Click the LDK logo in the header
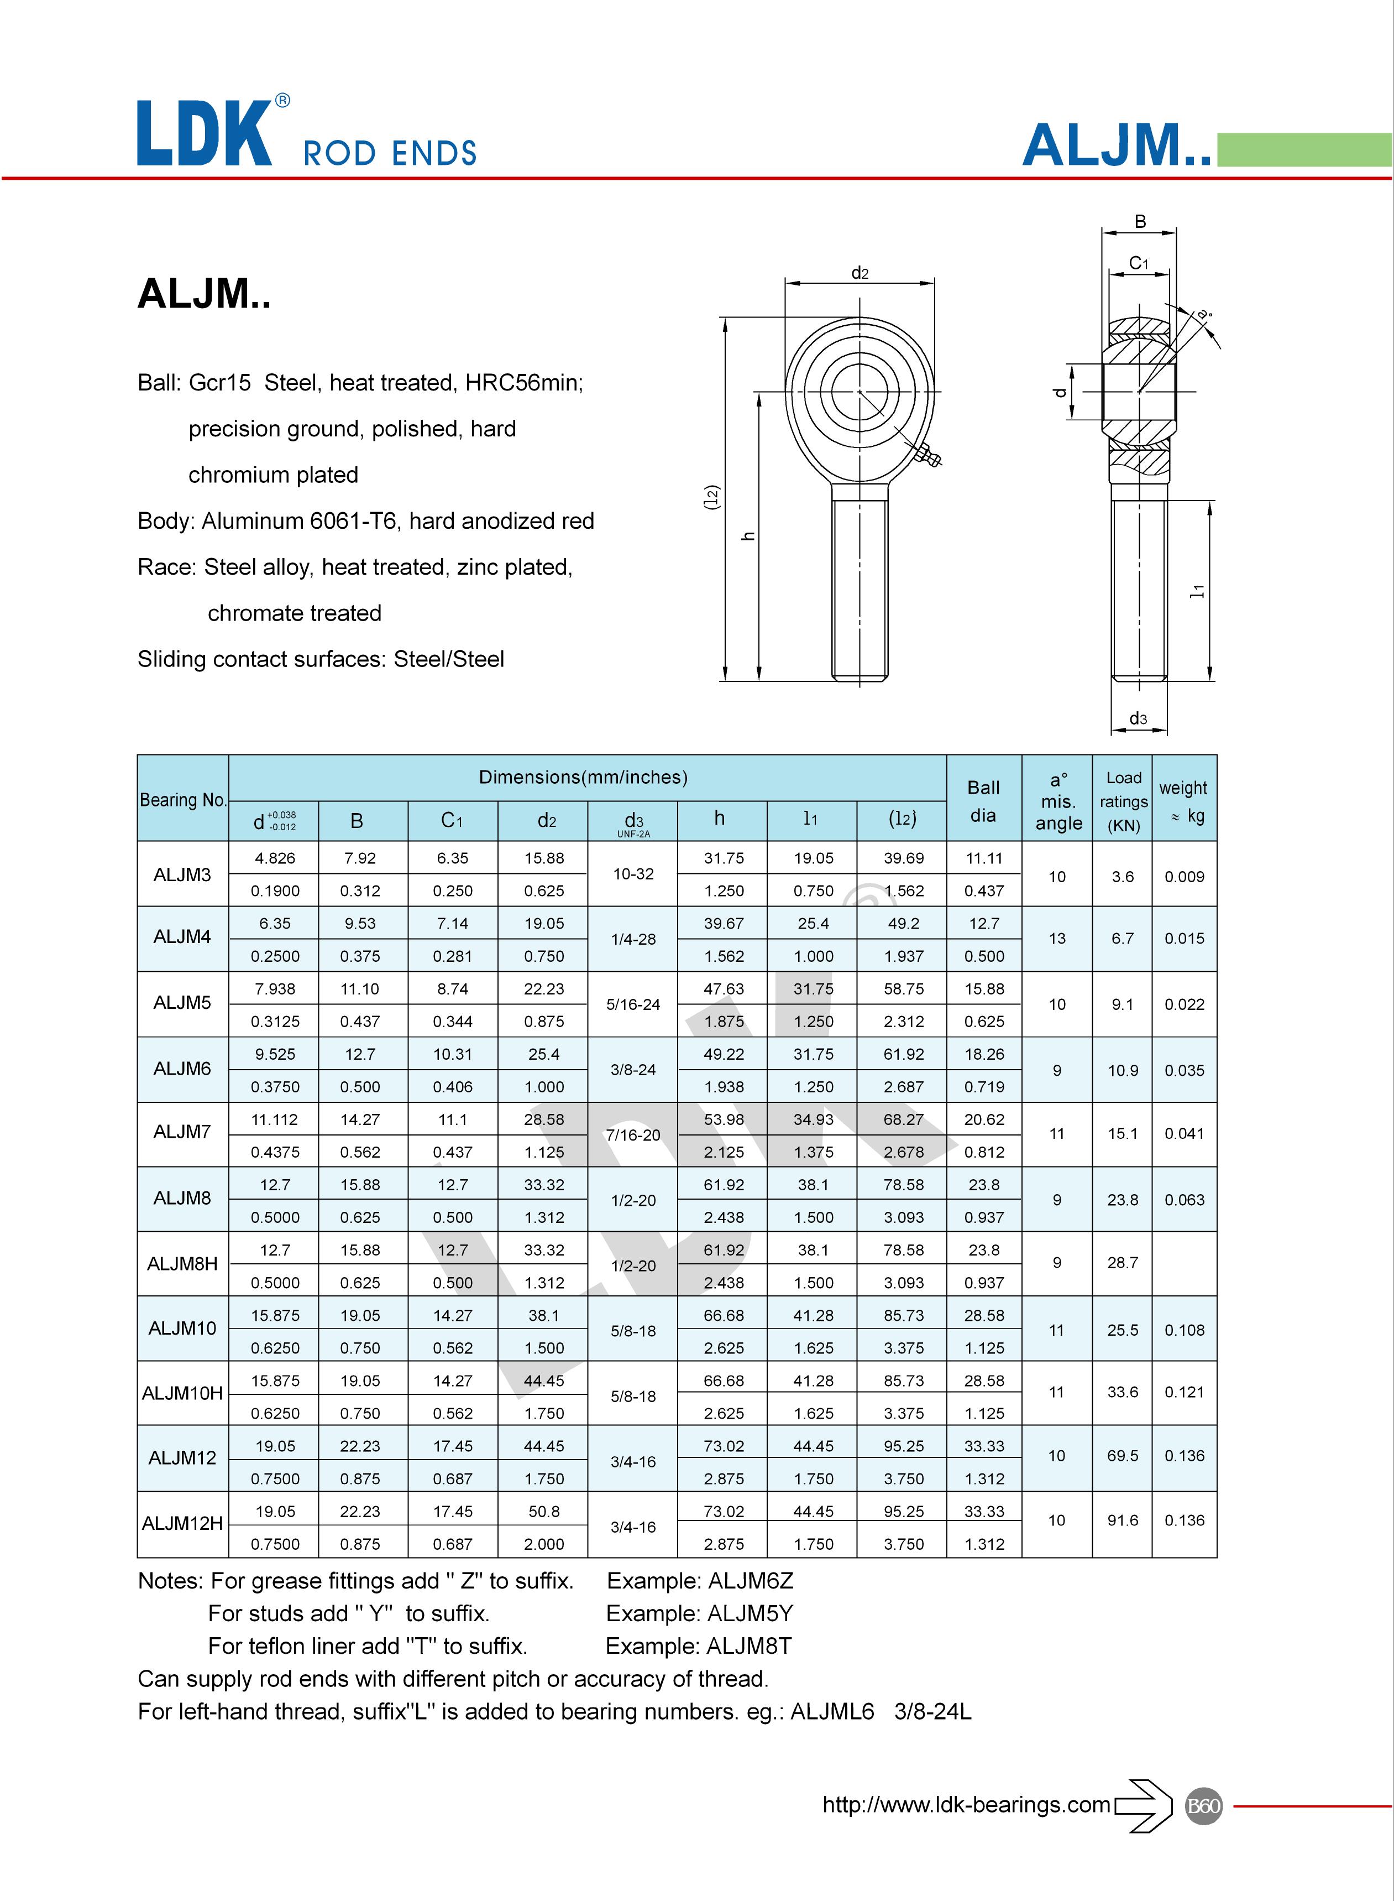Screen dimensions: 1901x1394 (x=205, y=133)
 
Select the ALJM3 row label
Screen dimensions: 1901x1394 (x=182, y=874)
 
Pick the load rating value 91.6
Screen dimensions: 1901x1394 (x=1122, y=1520)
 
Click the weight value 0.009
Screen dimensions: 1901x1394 (x=1184, y=876)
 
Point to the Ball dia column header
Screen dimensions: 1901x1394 (x=983, y=800)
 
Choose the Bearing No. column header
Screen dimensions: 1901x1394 (x=183, y=799)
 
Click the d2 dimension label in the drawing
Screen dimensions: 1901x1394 (x=859, y=273)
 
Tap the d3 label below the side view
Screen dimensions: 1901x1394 (x=1138, y=718)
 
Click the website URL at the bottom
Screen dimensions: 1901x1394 (x=966, y=1805)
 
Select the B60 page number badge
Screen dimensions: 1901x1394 (x=1203, y=1806)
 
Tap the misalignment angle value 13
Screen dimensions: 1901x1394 (x=1056, y=939)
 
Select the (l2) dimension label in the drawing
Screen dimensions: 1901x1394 (x=711, y=498)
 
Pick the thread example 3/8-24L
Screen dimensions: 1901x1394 (x=932, y=1712)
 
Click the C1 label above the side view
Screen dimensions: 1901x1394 (x=1138, y=263)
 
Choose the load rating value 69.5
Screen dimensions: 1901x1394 (x=1122, y=1455)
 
